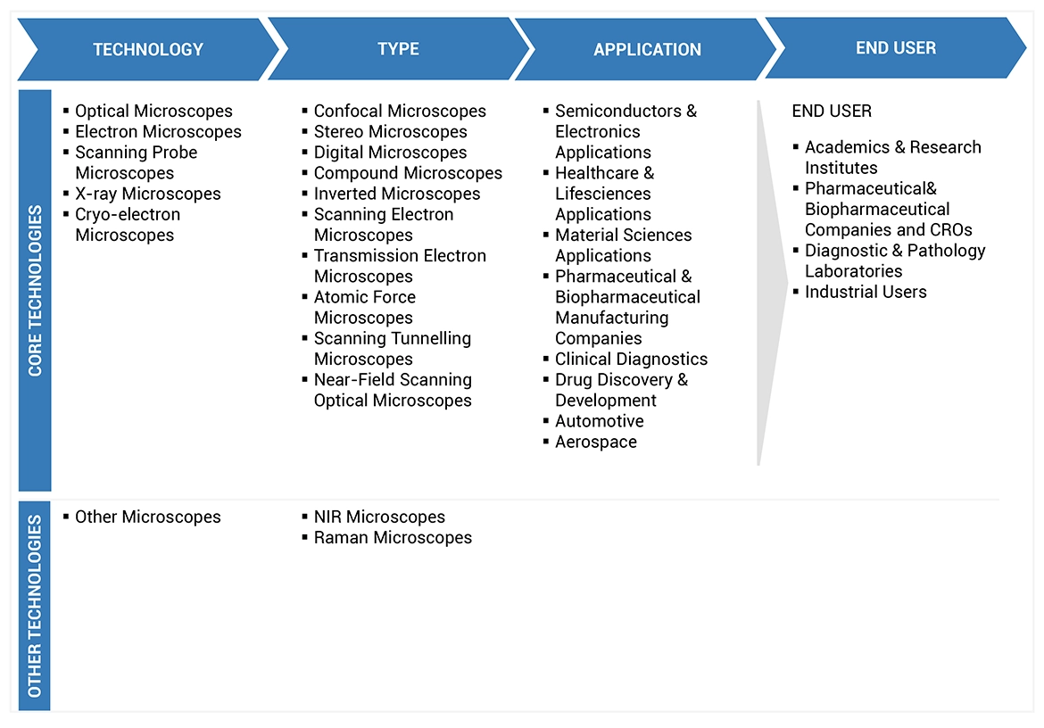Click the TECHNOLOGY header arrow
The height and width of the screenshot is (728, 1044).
[148, 50]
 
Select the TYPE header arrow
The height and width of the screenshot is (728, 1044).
[398, 49]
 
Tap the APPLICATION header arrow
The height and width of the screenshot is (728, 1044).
[647, 50]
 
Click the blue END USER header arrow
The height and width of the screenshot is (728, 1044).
[896, 48]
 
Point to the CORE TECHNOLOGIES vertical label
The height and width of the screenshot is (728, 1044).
[36, 291]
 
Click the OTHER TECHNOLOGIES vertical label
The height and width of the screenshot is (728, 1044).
[35, 607]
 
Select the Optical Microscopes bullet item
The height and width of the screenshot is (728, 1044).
[153, 112]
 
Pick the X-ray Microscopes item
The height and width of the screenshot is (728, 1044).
[147, 194]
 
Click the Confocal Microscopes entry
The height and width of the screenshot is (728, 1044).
[400, 112]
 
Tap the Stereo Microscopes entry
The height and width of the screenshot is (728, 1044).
[390, 132]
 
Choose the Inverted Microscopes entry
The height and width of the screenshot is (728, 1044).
[396, 194]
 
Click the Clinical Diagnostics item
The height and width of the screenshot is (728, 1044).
[631, 360]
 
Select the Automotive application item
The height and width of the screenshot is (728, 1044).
[599, 421]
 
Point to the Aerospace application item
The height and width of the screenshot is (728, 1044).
[595, 442]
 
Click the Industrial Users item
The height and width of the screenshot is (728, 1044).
[866, 292]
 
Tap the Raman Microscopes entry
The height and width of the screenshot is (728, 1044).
[393, 538]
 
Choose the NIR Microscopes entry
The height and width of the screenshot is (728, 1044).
[379, 517]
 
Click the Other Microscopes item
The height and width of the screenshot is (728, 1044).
[147, 517]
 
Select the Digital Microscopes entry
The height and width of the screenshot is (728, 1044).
[390, 153]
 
